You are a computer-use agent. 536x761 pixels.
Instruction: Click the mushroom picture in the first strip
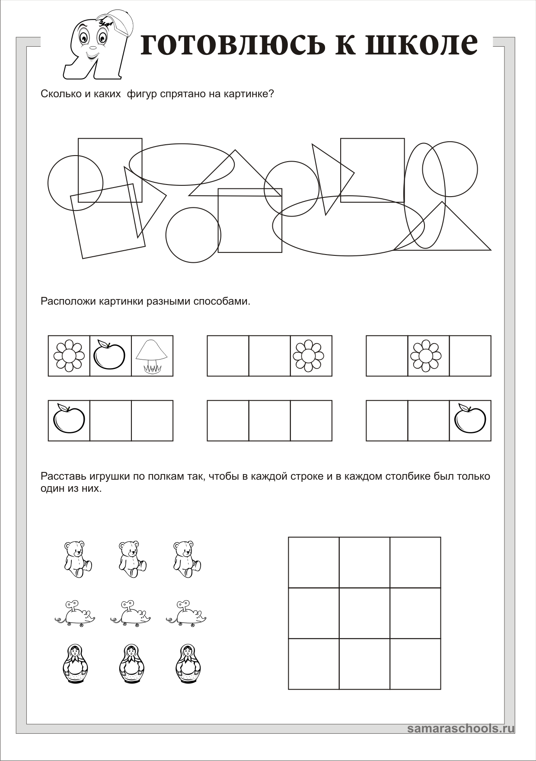[x=152, y=356]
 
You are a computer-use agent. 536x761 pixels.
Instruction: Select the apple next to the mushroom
[x=109, y=355]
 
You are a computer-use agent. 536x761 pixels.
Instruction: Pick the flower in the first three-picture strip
[x=69, y=356]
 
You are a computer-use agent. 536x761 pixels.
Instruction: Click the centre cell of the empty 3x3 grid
[x=364, y=613]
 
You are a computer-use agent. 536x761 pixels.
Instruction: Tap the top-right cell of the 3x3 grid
[x=415, y=562]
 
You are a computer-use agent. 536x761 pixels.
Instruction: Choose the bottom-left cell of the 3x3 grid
[x=314, y=664]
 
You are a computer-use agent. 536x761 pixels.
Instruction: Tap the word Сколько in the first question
[x=60, y=94]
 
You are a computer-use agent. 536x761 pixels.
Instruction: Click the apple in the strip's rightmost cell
[x=470, y=419]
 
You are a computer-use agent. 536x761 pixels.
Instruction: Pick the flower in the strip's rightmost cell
[x=308, y=356]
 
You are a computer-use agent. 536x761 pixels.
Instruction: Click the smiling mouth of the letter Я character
[x=92, y=55]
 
